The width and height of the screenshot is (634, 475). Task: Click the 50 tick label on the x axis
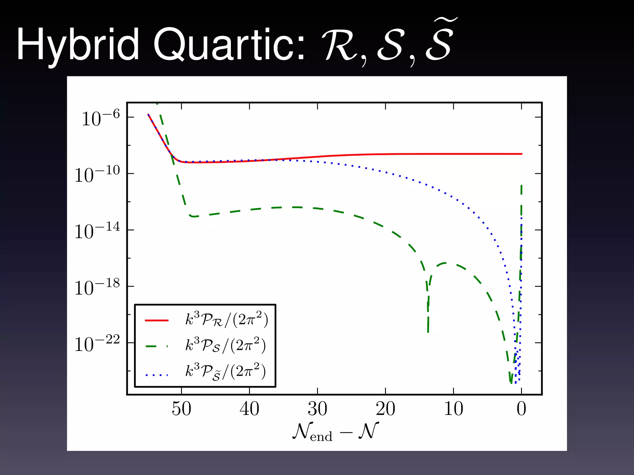tap(181, 409)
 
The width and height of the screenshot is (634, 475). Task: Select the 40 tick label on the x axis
tap(249, 409)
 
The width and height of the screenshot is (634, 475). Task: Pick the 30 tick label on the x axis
tap(317, 409)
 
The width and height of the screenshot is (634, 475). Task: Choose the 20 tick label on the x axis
tap(385, 409)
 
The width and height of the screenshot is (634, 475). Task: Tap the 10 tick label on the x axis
tap(454, 409)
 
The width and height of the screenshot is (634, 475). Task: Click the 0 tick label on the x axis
tap(521, 409)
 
